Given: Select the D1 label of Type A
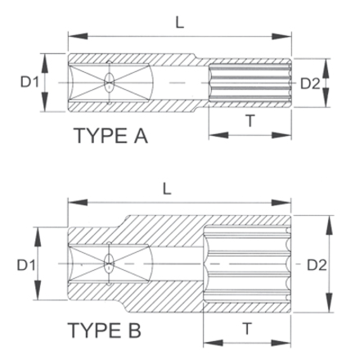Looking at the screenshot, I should pyautogui.click(x=30, y=83).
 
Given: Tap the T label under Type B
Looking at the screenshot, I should pyautogui.click(x=248, y=328).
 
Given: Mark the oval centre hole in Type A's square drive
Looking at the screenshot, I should pyautogui.click(x=110, y=83).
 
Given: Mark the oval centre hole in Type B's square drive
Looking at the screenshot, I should pyautogui.click(x=109, y=264).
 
